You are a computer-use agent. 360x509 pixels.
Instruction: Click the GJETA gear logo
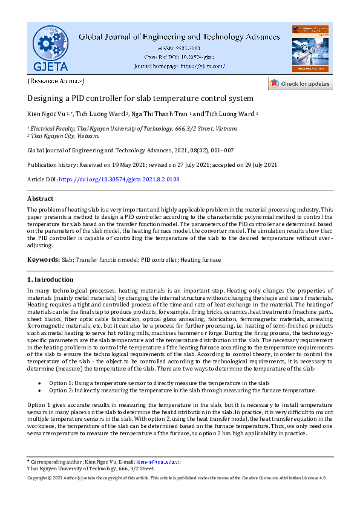click(51, 47)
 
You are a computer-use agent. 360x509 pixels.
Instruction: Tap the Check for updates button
click(299, 84)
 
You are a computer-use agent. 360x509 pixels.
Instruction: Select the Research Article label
click(56, 80)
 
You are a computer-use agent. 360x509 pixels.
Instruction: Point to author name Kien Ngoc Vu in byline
click(48, 114)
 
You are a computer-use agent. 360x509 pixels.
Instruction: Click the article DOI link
click(119, 180)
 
